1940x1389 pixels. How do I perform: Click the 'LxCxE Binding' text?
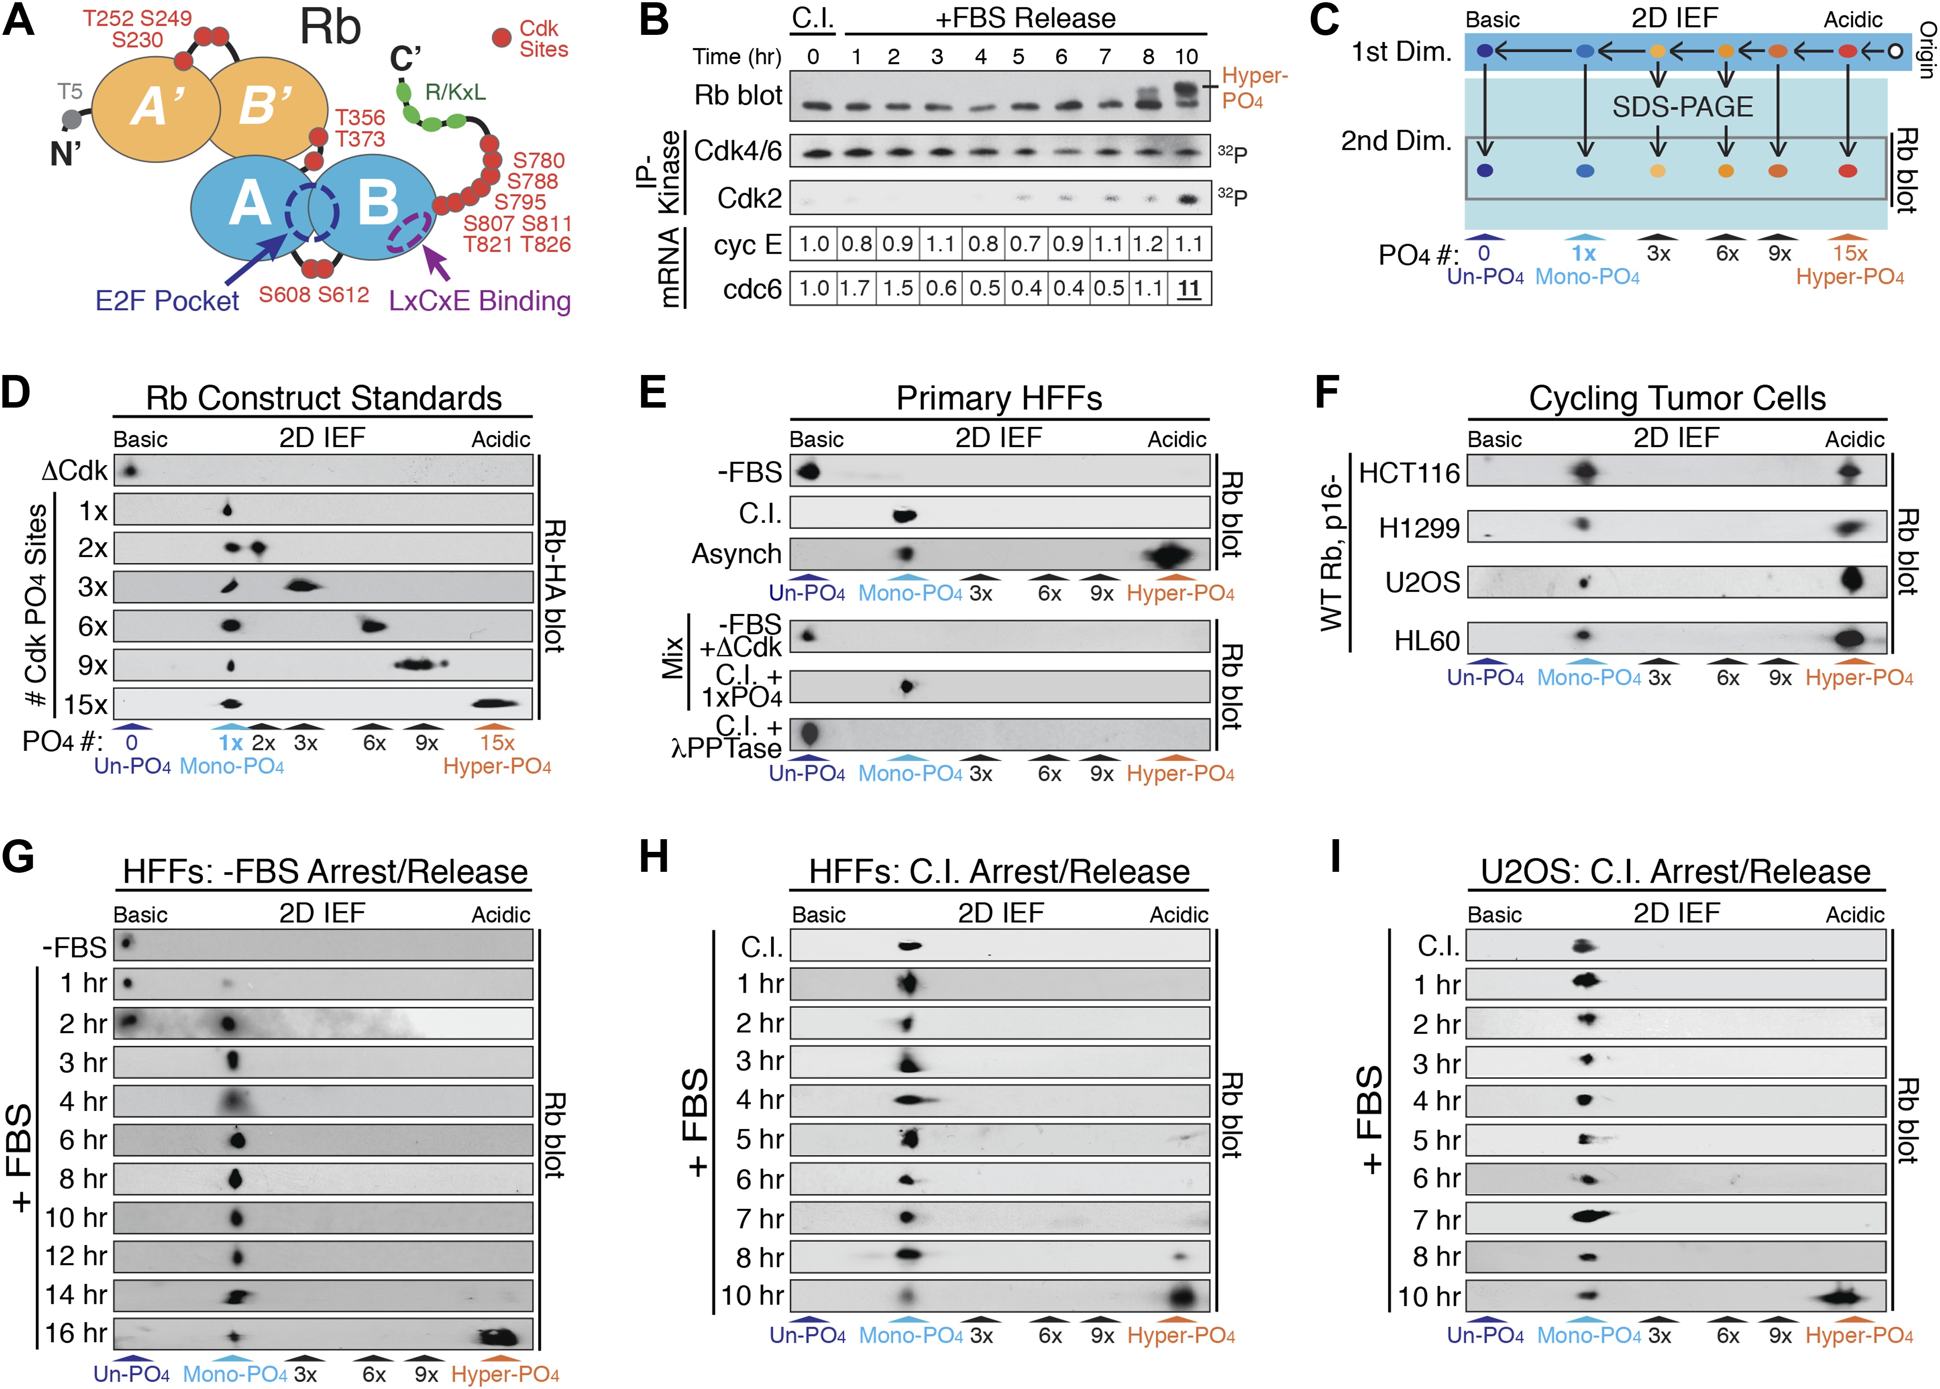coord(479,301)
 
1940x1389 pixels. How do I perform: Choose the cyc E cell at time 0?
coord(813,245)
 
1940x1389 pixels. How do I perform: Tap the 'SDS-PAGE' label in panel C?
coord(1682,107)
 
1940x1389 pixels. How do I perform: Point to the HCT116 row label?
coord(1409,473)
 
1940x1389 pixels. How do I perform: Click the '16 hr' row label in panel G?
coord(76,1332)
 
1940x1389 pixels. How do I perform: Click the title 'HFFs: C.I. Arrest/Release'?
coord(999,871)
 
